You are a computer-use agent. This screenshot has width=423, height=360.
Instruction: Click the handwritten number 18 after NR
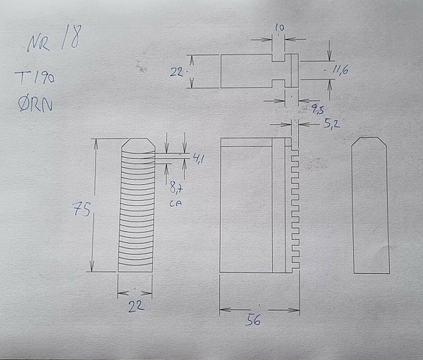[71, 37]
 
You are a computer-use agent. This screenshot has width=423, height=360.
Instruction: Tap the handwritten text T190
[35, 78]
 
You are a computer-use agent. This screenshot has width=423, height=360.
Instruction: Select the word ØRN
[35, 105]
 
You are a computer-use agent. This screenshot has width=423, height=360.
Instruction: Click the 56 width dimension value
[253, 320]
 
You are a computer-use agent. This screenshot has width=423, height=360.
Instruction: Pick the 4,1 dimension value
[198, 158]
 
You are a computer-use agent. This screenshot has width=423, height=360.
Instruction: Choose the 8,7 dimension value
[176, 187]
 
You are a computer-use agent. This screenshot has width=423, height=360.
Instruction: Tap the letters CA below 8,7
[176, 202]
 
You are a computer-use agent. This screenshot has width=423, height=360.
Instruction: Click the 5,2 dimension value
[332, 124]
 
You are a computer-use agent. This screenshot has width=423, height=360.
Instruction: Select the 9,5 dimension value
[318, 109]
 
